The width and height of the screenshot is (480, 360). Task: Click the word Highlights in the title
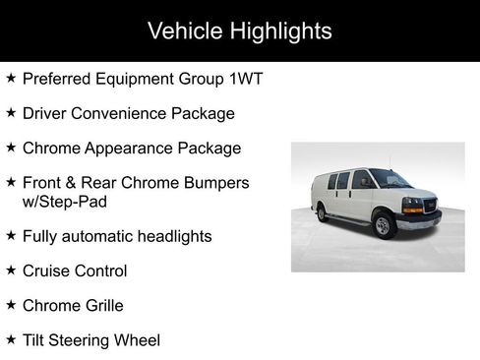(x=280, y=30)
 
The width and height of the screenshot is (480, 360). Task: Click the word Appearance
(x=127, y=148)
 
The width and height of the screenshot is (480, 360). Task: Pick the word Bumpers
(x=216, y=183)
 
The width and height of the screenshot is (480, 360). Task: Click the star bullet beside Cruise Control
(x=11, y=270)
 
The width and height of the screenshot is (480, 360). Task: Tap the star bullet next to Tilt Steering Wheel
(x=11, y=339)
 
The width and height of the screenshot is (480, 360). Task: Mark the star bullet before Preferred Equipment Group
(x=11, y=77)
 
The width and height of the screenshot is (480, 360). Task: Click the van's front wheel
(x=386, y=226)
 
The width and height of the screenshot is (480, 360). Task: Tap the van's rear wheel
(x=322, y=212)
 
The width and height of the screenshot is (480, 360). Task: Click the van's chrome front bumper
(x=418, y=220)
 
